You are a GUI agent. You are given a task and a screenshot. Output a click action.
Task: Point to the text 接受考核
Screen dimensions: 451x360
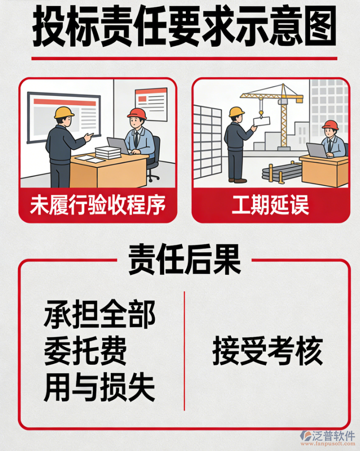tap(267, 351)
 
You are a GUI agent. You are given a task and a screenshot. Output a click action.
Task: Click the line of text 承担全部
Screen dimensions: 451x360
tap(100, 315)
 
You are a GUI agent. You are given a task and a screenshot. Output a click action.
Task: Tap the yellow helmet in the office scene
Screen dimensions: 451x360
tap(64, 112)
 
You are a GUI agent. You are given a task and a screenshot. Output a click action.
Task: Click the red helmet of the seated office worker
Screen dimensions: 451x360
tap(137, 114)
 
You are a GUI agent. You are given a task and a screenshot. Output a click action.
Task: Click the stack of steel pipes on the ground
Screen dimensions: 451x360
tap(281, 171)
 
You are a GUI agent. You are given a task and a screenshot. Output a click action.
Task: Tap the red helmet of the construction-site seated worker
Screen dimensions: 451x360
tap(330, 125)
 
